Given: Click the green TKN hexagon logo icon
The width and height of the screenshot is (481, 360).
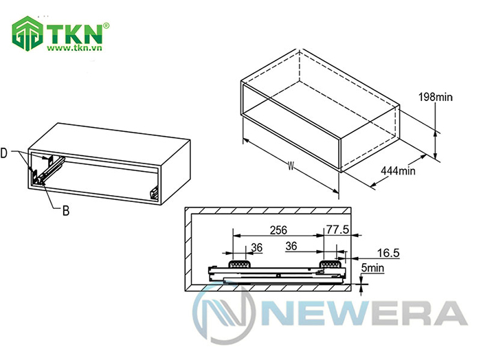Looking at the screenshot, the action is coord(27,34).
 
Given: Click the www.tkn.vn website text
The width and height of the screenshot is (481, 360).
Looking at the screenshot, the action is coord(74,48).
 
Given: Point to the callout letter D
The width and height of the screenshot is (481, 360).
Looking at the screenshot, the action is coord(4,153).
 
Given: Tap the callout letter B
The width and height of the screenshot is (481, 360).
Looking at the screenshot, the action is coord(66,211).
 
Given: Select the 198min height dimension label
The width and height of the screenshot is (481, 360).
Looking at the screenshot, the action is coord(435,97).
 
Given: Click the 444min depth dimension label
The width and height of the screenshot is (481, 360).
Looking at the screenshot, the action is coord(398,170).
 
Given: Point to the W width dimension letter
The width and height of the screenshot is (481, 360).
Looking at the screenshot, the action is coord(291,166).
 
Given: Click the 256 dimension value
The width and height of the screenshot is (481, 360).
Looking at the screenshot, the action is coord(278,230).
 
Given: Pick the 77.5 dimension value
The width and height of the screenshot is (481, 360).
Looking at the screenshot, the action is coord(337,229).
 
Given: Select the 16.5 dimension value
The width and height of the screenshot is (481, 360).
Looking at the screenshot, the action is coord(388,253).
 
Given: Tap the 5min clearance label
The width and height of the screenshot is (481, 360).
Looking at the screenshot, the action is coord(372,268).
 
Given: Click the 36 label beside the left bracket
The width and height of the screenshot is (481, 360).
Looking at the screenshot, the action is coord(257,247).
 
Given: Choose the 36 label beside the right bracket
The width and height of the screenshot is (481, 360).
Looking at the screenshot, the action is coord(291,246).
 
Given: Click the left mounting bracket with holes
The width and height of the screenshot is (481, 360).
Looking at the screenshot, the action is coord(240,264).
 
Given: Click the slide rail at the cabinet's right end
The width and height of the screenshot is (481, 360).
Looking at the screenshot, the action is coord(154,193).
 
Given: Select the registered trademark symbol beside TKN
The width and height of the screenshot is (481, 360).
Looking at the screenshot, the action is coord(106,26).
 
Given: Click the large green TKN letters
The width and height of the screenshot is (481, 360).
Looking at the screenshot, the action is coord(74,34).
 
